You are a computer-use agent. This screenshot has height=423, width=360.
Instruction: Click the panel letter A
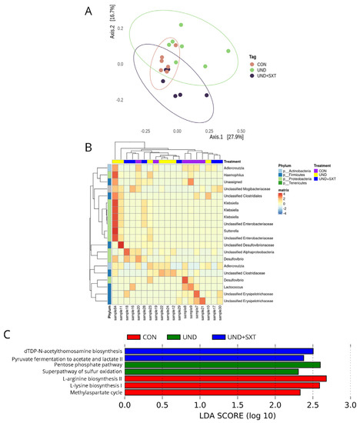[x=115, y=11]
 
